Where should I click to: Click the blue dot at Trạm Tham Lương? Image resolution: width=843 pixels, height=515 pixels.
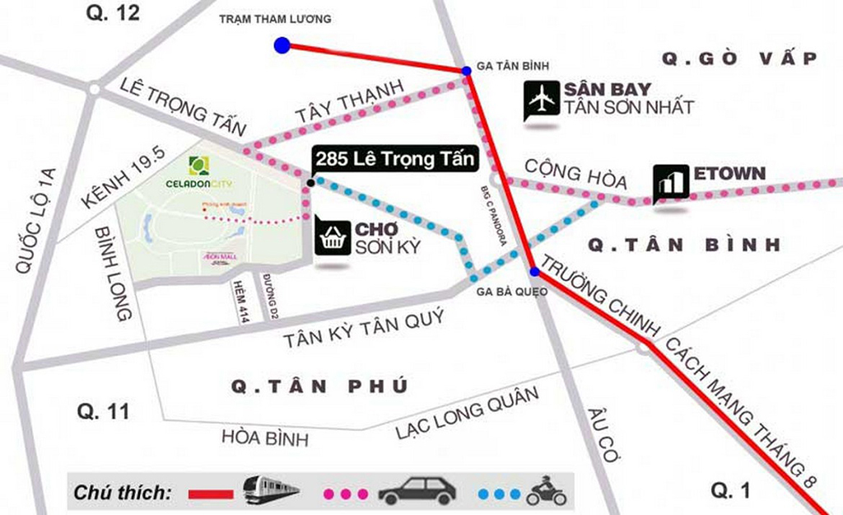[282, 45]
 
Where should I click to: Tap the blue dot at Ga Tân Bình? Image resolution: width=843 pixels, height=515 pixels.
[467, 72]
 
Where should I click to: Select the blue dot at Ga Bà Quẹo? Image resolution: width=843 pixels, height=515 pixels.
[534, 271]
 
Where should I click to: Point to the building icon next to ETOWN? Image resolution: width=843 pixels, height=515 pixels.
[671, 183]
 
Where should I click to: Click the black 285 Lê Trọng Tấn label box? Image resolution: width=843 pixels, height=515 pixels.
[394, 159]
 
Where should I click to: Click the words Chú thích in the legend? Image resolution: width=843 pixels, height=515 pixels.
[122, 493]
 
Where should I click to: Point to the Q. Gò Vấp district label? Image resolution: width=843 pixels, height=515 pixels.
[740, 58]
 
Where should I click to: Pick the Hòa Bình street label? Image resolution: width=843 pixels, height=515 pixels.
[264, 437]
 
